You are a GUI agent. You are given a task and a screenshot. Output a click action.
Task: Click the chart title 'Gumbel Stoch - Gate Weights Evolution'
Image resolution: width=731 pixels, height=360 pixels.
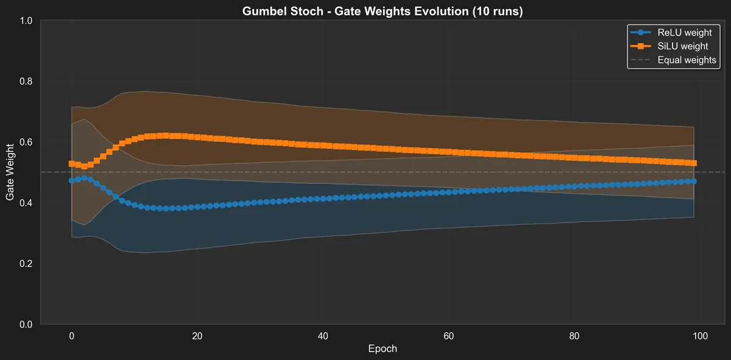tap(382, 11)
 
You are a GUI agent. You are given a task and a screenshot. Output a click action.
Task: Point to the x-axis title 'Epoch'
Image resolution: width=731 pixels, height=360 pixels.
tap(383, 349)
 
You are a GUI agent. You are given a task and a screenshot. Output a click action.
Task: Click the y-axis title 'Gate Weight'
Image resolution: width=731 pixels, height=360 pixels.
tap(10, 172)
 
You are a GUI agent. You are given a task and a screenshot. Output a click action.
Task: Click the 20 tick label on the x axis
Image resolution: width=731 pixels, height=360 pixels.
tap(197, 336)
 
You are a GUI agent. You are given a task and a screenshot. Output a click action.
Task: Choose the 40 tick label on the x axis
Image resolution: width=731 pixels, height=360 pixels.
tap(323, 336)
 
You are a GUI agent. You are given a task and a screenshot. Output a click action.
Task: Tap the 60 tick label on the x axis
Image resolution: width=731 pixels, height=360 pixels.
tap(449, 336)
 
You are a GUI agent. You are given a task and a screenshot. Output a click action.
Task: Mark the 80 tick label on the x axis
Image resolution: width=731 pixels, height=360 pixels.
tap(574, 336)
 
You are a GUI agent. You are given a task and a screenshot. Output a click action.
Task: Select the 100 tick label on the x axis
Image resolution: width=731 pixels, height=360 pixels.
tap(700, 336)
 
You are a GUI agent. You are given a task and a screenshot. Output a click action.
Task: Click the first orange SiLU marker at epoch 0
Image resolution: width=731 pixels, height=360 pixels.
tap(72, 164)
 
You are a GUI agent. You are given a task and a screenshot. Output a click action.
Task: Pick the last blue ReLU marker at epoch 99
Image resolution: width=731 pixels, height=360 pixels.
tap(694, 182)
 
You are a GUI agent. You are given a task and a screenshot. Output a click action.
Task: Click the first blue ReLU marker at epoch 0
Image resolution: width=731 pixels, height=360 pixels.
tap(72, 181)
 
